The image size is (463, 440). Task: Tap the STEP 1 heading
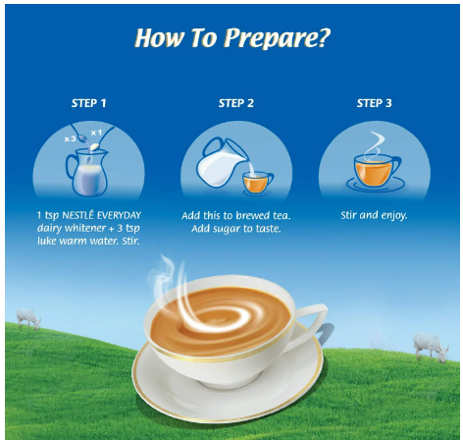[x=89, y=103]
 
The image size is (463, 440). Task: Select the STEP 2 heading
[x=236, y=103]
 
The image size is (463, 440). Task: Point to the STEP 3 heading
[x=374, y=103]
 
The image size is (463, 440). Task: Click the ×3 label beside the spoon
[x=70, y=139]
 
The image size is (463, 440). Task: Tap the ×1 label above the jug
[x=96, y=133]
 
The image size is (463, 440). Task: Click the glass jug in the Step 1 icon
[x=87, y=172]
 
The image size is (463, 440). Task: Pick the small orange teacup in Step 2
[x=258, y=183]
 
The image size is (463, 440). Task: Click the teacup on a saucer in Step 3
[x=376, y=173]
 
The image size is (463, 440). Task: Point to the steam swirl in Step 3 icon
[x=375, y=145]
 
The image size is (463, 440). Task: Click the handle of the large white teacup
[x=314, y=322]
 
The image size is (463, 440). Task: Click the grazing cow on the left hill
[x=28, y=318]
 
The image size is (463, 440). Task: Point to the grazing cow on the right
[x=431, y=347]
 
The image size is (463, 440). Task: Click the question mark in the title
[x=324, y=37]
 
